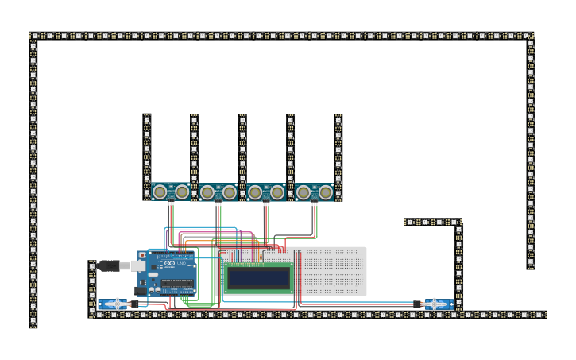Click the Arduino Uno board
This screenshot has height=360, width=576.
[171, 275]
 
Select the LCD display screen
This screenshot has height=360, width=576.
[258, 277]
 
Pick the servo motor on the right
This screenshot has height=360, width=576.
[435, 304]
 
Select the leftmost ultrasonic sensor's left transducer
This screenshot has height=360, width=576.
[160, 192]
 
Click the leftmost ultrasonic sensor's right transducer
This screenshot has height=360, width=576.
[182, 192]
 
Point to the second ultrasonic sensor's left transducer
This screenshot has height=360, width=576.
[207, 192]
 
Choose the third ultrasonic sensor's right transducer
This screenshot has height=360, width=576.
[277, 192]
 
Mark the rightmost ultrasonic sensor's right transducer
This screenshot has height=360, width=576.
[325, 192]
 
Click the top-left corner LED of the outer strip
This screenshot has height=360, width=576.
[33, 36]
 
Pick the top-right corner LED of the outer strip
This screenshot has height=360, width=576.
[530, 36]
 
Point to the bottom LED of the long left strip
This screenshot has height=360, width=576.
[33, 323]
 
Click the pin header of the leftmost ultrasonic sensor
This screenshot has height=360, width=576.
[171, 203]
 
